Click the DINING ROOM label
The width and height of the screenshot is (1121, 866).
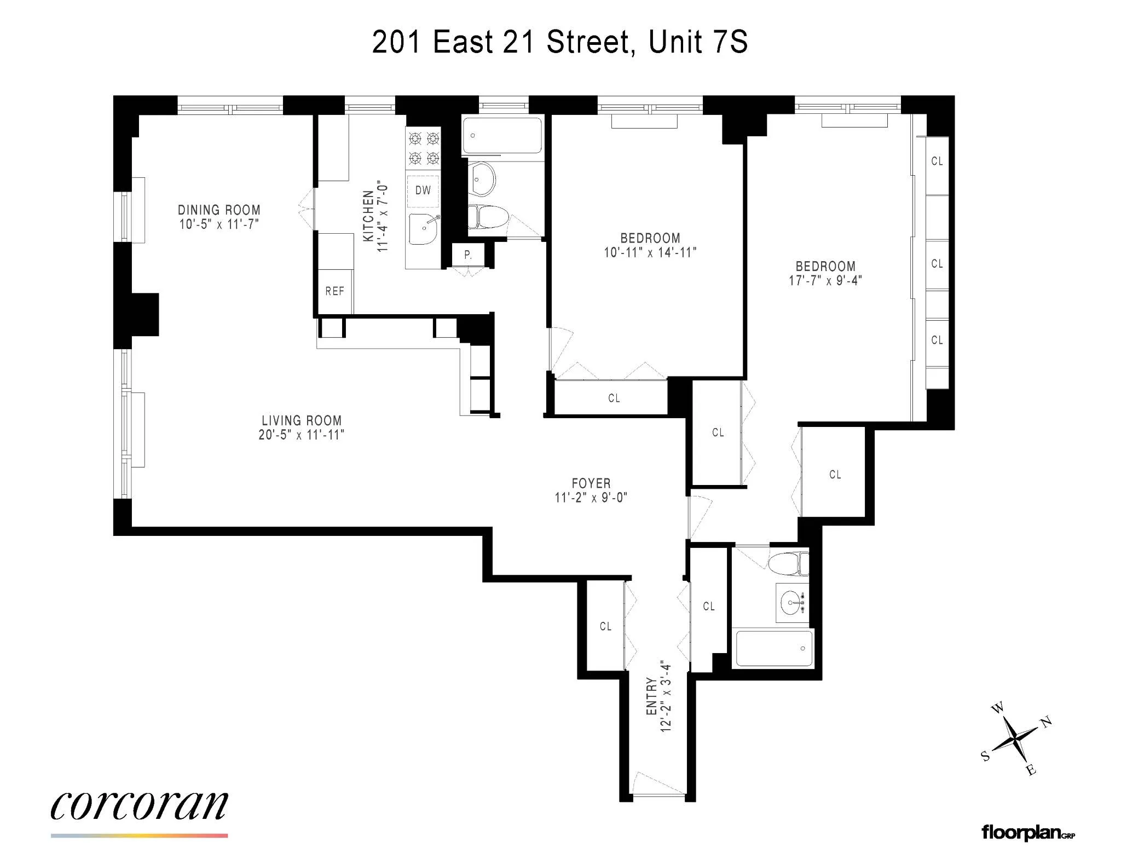click(219, 210)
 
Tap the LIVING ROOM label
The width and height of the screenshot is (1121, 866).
click(302, 420)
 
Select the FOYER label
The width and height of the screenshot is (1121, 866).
click(591, 483)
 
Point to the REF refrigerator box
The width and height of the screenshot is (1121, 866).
click(335, 291)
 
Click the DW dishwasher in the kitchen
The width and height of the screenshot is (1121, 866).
click(423, 190)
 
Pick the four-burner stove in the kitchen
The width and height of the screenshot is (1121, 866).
click(424, 148)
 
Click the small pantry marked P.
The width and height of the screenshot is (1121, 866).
click(468, 255)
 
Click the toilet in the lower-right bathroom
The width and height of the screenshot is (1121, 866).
click(789, 564)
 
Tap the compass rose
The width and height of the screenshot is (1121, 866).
click(1016, 739)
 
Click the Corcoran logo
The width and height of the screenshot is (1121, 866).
click(139, 806)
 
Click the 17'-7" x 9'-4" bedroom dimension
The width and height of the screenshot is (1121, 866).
click(825, 281)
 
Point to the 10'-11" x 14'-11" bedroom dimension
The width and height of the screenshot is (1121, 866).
click(650, 252)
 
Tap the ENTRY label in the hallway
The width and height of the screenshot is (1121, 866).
click(651, 696)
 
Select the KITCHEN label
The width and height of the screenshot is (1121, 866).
click(368, 216)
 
